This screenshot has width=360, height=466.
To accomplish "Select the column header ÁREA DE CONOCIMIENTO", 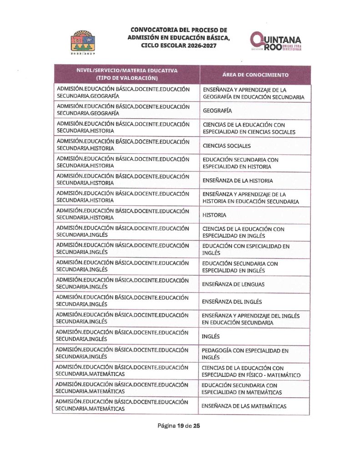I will (255, 75).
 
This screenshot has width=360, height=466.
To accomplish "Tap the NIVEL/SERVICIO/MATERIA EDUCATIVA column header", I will (127, 74).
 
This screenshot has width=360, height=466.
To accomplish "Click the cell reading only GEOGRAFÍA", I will (218, 111).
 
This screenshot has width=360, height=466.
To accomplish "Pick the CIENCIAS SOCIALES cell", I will (227, 146).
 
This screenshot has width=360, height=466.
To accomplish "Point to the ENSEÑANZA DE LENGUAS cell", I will (233, 284).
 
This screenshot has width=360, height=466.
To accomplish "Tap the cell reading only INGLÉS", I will (211, 337).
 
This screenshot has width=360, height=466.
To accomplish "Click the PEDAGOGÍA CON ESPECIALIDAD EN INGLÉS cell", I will (245, 354).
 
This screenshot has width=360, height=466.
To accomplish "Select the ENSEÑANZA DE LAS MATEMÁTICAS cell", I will (244, 406).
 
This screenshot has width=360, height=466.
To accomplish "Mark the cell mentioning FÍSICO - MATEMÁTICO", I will (251, 371).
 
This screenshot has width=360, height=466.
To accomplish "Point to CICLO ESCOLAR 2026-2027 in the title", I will (178, 46).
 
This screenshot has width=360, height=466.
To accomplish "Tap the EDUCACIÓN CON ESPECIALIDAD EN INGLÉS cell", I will (246, 249).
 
